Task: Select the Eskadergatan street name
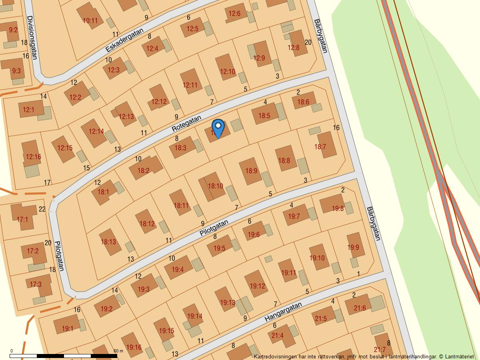[x=124, y=40]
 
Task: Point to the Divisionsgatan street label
[x=32, y=37]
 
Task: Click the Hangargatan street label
[x=283, y=312]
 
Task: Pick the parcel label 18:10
[x=215, y=186]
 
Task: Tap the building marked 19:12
[x=257, y=286]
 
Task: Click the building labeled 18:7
[x=320, y=147]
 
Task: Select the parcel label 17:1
[x=22, y=219]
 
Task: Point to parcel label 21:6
[x=360, y=308]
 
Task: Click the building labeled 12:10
[x=228, y=72]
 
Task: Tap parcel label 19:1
[x=67, y=329]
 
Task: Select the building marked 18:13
[x=108, y=242]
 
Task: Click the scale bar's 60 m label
[x=118, y=351]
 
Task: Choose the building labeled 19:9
[x=353, y=247]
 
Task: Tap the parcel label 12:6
[x=234, y=14]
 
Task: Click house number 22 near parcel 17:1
[x=42, y=209]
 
